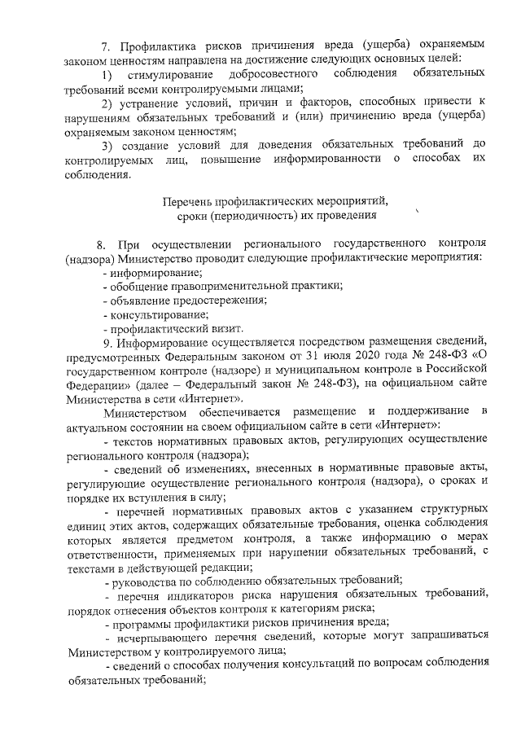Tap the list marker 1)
pos(108,75)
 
